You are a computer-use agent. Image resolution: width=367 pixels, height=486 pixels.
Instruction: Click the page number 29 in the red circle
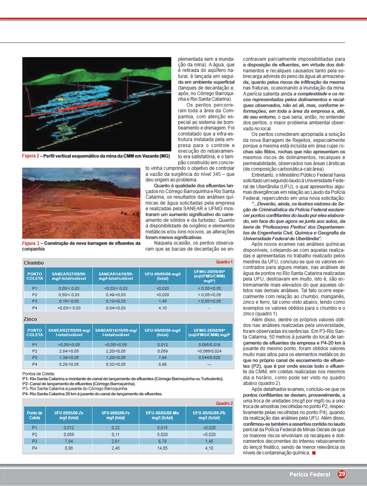pyautogui.click(x=342, y=474)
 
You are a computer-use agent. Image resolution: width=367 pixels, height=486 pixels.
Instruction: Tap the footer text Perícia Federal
pyautogui.click(x=310, y=475)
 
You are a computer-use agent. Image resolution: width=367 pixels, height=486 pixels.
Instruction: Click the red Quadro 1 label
pyautogui.click(x=224, y=262)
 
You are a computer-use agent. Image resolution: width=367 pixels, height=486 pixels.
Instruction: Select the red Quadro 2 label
pyautogui.click(x=224, y=403)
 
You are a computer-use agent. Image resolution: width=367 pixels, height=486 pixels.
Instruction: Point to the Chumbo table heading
pyautogui.click(x=34, y=263)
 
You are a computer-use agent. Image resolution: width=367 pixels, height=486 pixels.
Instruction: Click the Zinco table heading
pyautogui.click(x=30, y=320)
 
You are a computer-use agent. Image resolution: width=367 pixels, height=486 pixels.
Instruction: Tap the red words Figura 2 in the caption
pyautogui.click(x=30, y=156)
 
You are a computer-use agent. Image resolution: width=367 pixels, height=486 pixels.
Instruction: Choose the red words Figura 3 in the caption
pyautogui.click(x=30, y=243)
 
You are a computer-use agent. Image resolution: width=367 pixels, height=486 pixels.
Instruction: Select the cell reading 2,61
pyautogui.click(x=116, y=441)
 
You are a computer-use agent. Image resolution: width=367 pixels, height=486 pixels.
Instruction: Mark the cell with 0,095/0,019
pyautogui.click(x=209, y=345)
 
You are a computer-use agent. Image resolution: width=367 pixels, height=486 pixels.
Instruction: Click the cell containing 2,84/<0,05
pyautogui.click(x=69, y=351)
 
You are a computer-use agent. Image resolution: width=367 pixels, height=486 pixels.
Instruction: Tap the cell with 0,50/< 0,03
pyautogui.click(x=69, y=295)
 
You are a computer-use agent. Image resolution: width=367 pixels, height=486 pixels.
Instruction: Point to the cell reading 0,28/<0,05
pyautogui.click(x=69, y=364)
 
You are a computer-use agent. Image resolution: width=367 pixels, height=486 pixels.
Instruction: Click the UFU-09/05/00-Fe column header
pyautogui.click(x=116, y=415)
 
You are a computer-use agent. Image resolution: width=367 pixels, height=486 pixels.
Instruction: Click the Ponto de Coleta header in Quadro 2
pyautogui.click(x=35, y=415)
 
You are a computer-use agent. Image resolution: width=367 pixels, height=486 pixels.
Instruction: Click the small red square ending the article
pyautogui.click(x=314, y=453)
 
